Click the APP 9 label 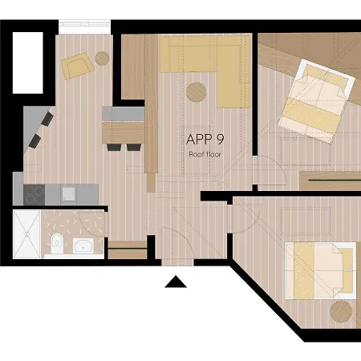point(205,139)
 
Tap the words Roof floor point(205,154)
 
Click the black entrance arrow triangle point(176,282)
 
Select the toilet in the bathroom point(57,243)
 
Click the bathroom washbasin point(83,245)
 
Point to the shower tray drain point(27,234)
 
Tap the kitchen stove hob point(34,194)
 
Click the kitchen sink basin point(69,193)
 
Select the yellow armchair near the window point(78,66)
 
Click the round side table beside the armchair point(102,59)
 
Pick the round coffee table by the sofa point(197,92)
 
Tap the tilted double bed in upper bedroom point(317,101)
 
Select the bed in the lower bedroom point(321,270)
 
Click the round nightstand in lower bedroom point(341,311)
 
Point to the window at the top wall point(84,24)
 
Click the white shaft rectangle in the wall point(28,63)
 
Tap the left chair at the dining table point(114,147)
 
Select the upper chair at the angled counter point(47,119)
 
